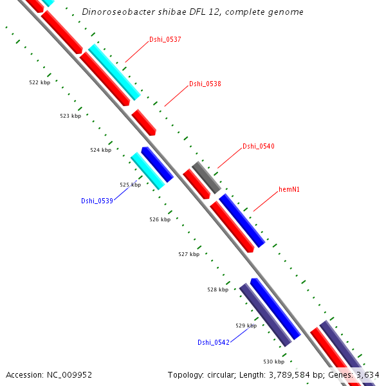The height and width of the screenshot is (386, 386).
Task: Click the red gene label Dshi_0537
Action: pos(165,39)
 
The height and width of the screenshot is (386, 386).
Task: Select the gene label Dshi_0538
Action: pos(205,84)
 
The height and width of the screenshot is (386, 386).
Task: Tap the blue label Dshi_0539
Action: pos(97,201)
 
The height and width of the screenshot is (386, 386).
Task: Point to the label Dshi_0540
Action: pos(259,146)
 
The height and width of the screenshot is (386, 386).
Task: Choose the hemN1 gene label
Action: pos(289,190)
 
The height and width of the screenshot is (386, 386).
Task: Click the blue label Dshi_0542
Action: pos(214,342)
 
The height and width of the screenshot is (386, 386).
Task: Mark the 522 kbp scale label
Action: pos(40,82)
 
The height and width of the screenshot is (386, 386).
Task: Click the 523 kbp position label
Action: pos(70,116)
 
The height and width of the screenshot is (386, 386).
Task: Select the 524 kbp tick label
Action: pos(100,150)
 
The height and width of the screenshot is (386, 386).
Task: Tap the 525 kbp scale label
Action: pos(130,185)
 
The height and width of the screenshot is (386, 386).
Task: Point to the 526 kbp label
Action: pos(160,219)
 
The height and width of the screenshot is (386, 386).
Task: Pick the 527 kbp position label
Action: pos(188,254)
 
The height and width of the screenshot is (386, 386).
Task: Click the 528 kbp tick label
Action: pos(217,289)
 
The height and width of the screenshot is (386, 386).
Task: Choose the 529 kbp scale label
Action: pos(246,326)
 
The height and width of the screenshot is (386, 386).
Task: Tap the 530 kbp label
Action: pos(274,362)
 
